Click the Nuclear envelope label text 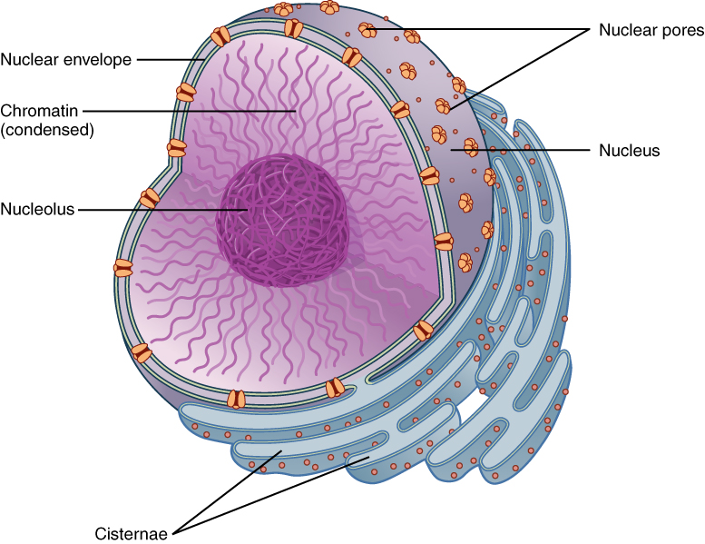point(66,60)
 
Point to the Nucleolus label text point(37,209)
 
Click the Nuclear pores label point(651,30)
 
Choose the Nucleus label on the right point(629,149)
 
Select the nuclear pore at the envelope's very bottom point(236,399)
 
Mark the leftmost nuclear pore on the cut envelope point(122,268)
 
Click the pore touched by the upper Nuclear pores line point(368,30)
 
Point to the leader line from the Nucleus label point(508,149)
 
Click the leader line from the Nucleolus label point(163,209)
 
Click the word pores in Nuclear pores point(683,30)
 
